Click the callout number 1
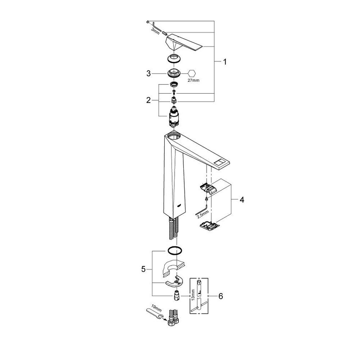point(225,62)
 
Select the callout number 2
point(149,100)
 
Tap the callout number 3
point(149,73)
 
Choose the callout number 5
point(143,269)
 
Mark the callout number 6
point(220,296)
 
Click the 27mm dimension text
point(193,80)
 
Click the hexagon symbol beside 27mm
point(192,73)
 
